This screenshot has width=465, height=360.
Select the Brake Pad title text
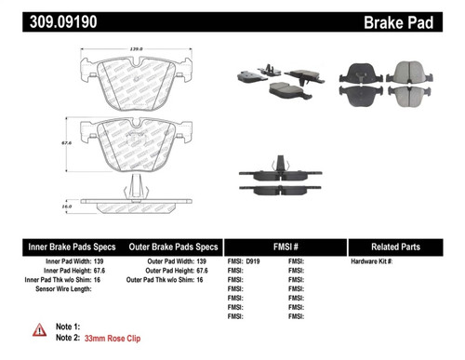(417, 19)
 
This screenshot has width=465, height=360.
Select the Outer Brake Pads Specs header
(173, 247)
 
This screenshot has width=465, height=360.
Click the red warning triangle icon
(39, 328)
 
